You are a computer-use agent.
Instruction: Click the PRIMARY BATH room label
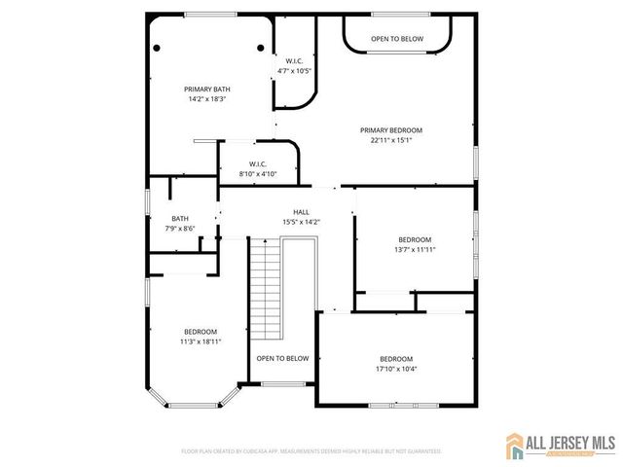208,89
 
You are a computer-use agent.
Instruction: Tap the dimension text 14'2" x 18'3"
208,99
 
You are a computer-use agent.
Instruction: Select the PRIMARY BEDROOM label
391,129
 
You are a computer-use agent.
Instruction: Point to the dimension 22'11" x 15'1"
391,140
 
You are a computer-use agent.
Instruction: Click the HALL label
302,211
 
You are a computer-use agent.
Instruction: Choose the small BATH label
180,218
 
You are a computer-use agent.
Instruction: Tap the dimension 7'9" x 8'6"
180,229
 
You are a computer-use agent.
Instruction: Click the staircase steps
266,287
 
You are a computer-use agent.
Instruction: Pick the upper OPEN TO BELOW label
397,39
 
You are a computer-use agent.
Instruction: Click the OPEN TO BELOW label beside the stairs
282,358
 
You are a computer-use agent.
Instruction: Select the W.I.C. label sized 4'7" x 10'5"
294,60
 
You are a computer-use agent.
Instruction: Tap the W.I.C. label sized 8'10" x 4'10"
258,163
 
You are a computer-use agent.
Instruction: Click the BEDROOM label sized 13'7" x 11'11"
415,239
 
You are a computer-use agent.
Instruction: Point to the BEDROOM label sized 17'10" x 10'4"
396,358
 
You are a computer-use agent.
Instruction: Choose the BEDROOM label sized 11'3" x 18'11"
200,331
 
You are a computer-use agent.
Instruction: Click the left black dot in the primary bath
156,47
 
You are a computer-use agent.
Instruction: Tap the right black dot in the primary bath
261,47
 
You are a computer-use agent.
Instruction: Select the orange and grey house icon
515,447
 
